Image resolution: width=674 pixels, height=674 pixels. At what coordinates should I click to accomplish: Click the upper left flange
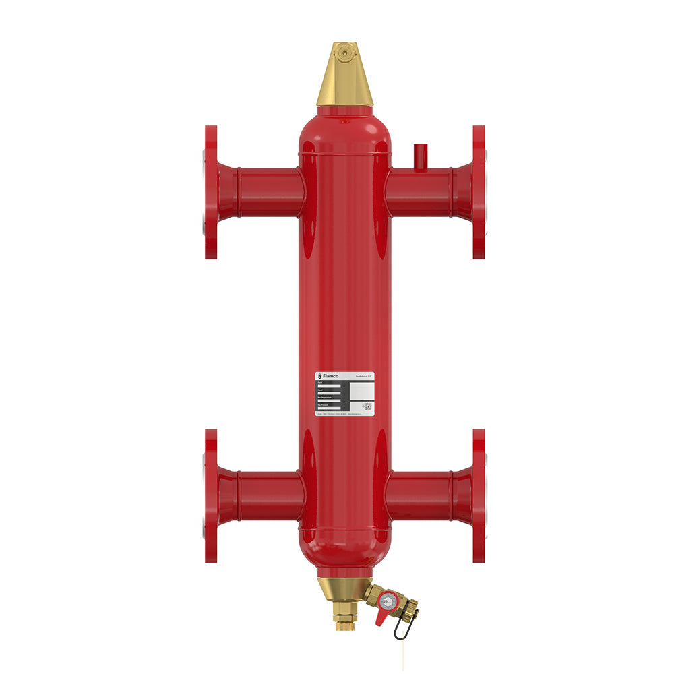click(x=211, y=192)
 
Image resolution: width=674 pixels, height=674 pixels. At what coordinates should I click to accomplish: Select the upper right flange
click(x=479, y=192)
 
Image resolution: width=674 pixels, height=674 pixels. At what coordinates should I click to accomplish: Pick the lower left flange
click(x=211, y=495)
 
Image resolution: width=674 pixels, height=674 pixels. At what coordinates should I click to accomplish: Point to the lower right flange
click(x=479, y=495)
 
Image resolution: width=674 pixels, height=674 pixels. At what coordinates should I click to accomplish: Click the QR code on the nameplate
click(x=368, y=406)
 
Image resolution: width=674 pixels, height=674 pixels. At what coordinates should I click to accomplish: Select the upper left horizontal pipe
click(x=266, y=192)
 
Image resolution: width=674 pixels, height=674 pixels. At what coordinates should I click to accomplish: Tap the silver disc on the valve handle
click(x=388, y=599)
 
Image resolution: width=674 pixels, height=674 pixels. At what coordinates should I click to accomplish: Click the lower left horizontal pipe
click(x=266, y=495)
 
